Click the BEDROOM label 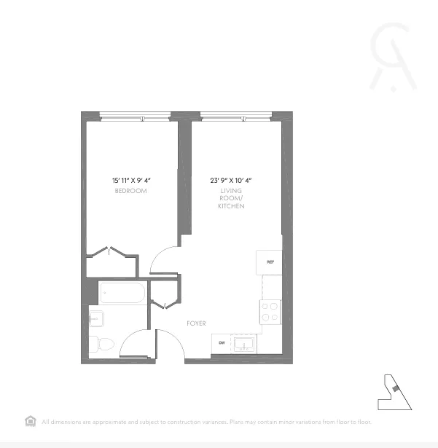click(x=130, y=191)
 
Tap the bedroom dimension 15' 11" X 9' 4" click(x=131, y=180)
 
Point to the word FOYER click(x=196, y=323)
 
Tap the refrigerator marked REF click(x=270, y=262)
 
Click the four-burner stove click(x=270, y=312)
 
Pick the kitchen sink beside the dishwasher click(x=244, y=343)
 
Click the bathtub click(x=123, y=293)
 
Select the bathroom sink click(x=97, y=317)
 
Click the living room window click(x=235, y=115)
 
